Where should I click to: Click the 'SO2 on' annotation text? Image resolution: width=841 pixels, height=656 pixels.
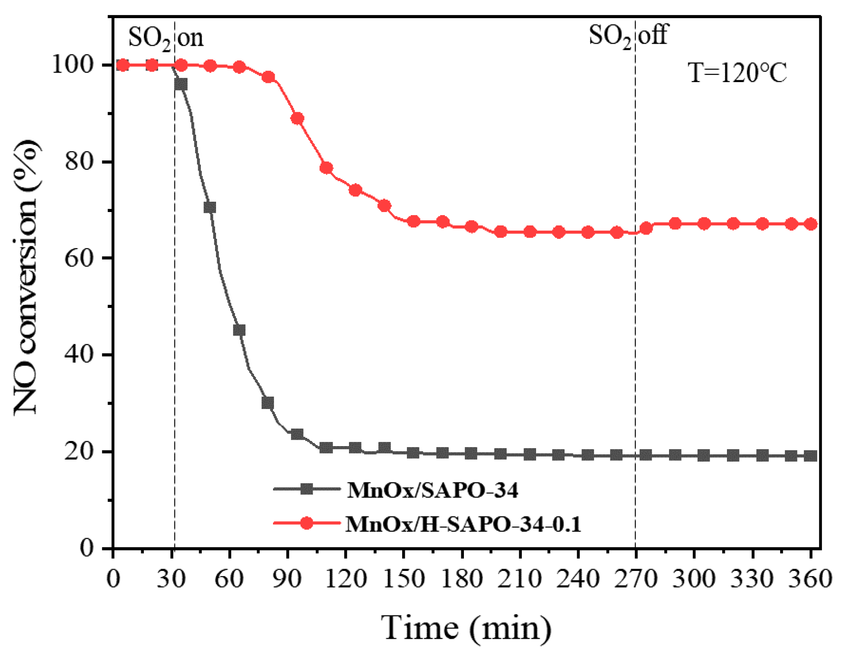(165, 38)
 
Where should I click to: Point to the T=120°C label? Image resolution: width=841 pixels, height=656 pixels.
(737, 73)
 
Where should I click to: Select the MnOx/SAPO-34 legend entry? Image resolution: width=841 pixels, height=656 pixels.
(432, 490)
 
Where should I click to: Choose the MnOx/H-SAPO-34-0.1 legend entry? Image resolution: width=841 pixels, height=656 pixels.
(463, 524)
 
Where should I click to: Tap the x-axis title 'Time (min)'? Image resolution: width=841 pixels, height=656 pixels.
(466, 628)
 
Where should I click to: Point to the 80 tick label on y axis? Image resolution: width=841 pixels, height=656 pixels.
(79, 162)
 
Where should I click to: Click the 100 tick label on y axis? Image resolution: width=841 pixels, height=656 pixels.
(73, 65)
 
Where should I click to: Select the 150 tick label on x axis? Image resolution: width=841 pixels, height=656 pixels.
(403, 579)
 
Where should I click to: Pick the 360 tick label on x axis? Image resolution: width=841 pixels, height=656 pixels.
(810, 579)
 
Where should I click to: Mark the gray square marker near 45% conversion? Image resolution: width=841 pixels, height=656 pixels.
(239, 330)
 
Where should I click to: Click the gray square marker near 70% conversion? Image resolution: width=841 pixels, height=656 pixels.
(210, 207)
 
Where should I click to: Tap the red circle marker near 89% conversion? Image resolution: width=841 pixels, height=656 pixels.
(297, 118)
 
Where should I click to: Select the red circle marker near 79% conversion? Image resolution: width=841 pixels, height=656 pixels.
(326, 168)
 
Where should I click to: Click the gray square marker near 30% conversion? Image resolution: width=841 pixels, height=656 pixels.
(268, 403)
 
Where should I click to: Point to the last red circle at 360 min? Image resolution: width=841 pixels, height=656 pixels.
(811, 224)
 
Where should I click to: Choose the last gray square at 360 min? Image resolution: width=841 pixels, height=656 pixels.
(811, 456)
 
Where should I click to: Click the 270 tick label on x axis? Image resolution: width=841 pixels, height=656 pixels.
(635, 579)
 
